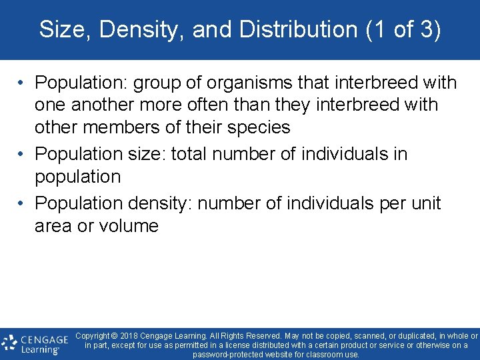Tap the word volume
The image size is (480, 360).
(x=129, y=226)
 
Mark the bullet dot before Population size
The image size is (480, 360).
(x=22, y=154)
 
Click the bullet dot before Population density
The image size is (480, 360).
(x=22, y=203)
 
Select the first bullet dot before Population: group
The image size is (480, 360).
(x=22, y=83)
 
